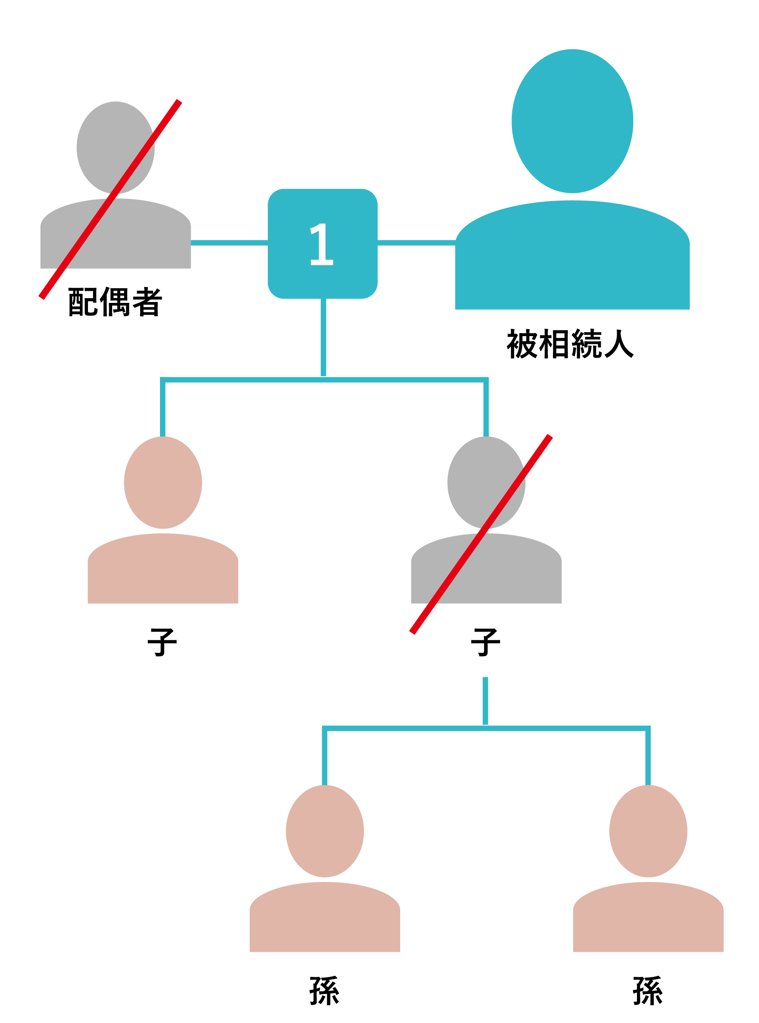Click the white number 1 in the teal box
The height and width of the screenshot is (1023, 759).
322,244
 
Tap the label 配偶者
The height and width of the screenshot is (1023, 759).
115,302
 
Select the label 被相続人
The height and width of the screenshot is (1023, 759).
570,343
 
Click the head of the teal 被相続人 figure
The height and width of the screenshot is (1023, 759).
572,121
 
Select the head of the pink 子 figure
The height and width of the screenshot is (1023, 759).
163,482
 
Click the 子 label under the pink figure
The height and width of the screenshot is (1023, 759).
162,642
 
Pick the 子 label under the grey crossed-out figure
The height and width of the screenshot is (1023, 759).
486,642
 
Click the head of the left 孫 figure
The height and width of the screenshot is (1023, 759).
324,831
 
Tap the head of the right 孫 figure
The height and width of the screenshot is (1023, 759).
648,831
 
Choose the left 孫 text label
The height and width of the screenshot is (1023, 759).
324,990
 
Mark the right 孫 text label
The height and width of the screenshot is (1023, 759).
648,990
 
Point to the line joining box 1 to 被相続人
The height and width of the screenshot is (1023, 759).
416,242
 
